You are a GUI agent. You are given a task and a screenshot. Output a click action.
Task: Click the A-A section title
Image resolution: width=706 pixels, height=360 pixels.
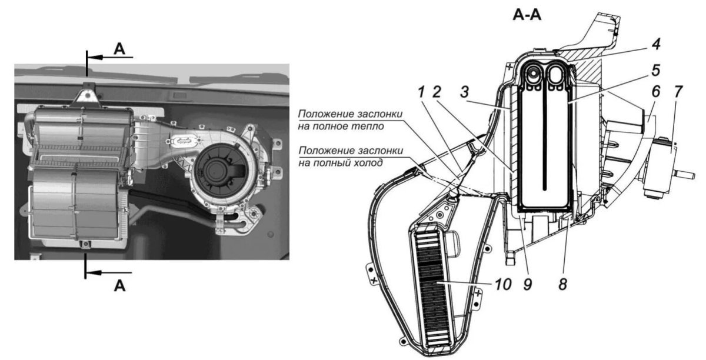tap(527, 15)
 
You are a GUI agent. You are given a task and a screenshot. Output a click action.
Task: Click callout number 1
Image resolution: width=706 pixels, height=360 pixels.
tap(421, 92)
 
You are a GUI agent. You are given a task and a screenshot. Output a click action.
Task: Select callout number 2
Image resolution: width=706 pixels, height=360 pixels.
tap(437, 92)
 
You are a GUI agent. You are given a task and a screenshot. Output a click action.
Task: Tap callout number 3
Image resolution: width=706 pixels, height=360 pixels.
tap(464, 92)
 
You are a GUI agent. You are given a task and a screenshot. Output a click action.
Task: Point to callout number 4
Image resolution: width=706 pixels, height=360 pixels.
tap(656, 44)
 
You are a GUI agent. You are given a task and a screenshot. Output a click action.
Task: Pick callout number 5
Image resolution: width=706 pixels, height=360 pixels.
tap(656, 71)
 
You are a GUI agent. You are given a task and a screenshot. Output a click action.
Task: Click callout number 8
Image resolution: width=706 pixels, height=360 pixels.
tap(563, 284)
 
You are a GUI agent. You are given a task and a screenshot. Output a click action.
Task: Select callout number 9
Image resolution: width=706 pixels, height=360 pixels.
tap(528, 284)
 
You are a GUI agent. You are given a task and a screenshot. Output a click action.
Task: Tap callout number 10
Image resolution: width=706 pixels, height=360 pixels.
tap(503, 284)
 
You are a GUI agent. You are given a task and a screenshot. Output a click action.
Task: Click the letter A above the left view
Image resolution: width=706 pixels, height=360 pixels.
tap(119, 49)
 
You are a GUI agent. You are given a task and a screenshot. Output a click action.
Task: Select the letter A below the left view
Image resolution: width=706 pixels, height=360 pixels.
tap(120, 286)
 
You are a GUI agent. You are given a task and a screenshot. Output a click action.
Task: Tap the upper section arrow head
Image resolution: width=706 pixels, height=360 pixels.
tap(95, 58)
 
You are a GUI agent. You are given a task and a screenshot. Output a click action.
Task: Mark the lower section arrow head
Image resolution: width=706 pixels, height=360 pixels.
tap(94, 273)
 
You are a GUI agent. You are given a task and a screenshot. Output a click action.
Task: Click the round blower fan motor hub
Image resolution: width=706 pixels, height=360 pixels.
tap(218, 169)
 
